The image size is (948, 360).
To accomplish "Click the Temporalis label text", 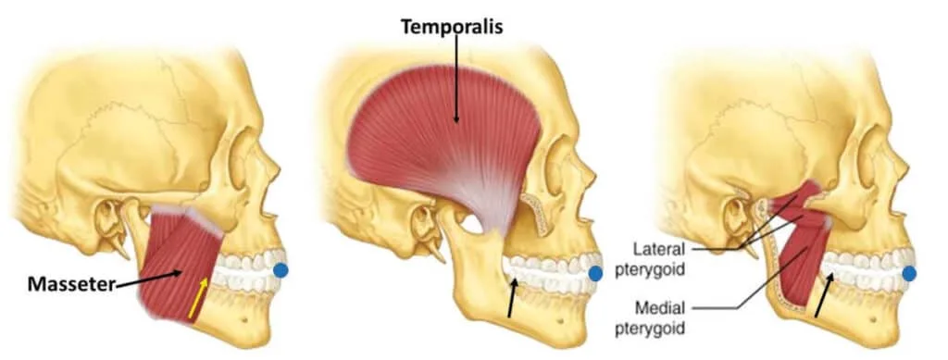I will [x=451, y=26].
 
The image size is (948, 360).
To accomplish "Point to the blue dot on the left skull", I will [x=281, y=271].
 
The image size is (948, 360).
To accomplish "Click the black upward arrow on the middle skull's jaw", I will [x=511, y=300].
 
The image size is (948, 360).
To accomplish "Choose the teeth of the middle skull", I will [x=555, y=273].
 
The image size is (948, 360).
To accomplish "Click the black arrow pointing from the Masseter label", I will [x=148, y=279].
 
